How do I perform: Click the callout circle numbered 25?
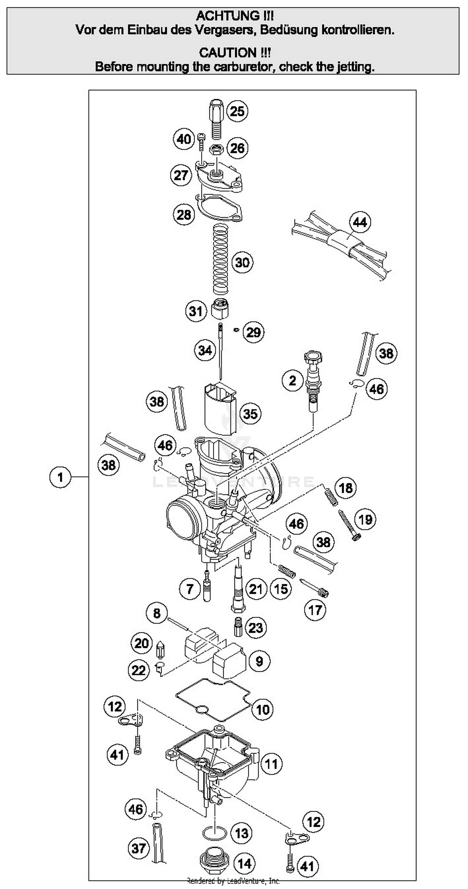(237, 111)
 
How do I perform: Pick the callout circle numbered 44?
(360, 222)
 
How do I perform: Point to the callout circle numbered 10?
(263, 710)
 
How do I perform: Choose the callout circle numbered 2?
(292, 381)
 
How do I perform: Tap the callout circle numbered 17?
(315, 610)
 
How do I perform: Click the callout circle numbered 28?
(183, 215)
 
